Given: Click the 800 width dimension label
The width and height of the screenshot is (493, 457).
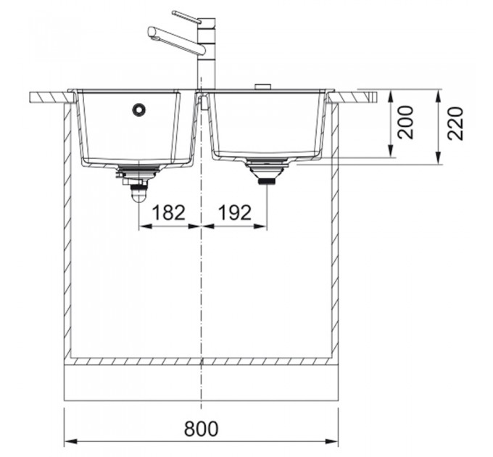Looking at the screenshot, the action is coord(201,429).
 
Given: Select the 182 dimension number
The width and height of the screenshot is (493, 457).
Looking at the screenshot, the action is coord(168,213).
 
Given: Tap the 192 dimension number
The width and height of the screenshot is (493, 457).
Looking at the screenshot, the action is coord(235,213).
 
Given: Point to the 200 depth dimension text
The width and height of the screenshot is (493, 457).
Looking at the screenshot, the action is coord(405,123).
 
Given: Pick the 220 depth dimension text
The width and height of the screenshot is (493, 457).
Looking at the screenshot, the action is coord(455,123).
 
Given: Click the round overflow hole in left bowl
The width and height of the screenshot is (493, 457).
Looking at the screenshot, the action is coord(138,110).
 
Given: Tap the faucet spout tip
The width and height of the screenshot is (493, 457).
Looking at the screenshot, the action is coord(152,33).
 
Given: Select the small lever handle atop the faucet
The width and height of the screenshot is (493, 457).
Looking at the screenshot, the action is coord(186,17).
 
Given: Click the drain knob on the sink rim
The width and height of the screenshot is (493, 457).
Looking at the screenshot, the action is coord(262,86).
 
